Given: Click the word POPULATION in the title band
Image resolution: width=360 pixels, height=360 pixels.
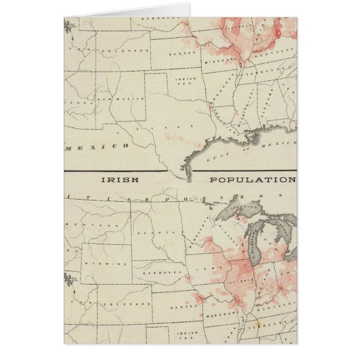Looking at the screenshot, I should click(252, 180).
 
